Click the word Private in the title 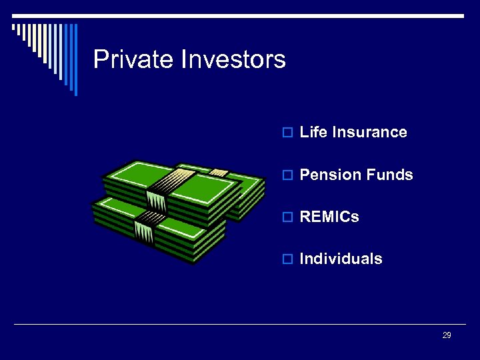coord(133,60)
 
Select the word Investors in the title coord(233,60)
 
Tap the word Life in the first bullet coord(313,132)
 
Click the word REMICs coord(329,217)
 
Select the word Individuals coord(341,259)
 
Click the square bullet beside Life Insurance coord(287,133)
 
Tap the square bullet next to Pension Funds coord(287,175)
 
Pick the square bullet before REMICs coord(287,217)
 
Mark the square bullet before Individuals coord(287,259)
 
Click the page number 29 coord(447,335)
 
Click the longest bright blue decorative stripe coord(75,60)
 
